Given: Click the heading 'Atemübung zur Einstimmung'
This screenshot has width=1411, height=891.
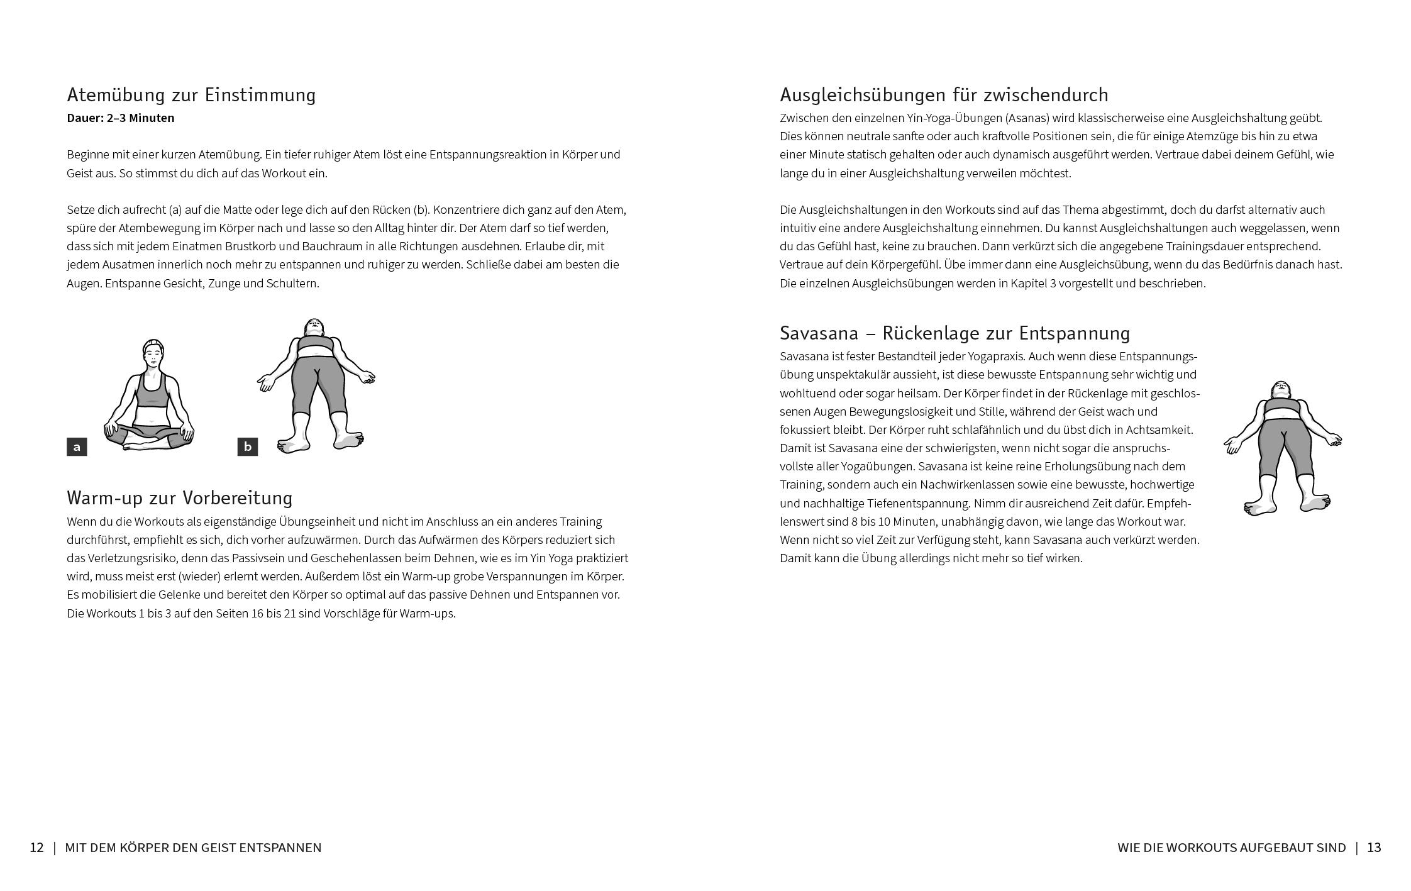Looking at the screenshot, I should (x=191, y=95).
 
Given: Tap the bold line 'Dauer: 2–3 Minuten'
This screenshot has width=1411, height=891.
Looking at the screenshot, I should (x=121, y=118).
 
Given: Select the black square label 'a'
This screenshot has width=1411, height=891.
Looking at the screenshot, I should (x=77, y=447).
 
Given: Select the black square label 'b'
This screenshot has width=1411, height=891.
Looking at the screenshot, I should (x=248, y=447).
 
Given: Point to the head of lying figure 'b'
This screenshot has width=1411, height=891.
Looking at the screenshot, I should (x=314, y=328).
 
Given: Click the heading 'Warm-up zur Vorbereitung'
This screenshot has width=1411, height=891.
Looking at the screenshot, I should (x=180, y=498).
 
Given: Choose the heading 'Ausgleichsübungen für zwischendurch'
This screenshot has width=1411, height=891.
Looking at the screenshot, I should (x=944, y=95).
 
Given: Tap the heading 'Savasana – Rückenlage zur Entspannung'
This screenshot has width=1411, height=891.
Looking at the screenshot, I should (x=954, y=333).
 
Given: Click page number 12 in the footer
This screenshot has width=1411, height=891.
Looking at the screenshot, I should (x=37, y=848).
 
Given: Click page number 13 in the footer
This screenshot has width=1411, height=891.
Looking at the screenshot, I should (x=1374, y=848).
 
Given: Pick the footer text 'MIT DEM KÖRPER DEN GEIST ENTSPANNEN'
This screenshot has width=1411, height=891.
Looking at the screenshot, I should (x=193, y=848).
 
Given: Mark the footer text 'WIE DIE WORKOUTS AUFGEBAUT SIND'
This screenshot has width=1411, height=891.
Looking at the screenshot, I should (x=1231, y=848).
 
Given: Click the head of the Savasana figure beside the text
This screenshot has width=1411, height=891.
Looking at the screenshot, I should (x=1281, y=390).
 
